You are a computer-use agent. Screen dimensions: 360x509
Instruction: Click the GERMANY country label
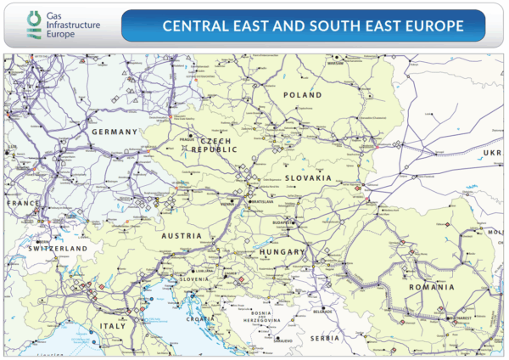pos(114,132)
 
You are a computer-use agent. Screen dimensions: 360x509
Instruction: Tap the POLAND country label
pos(304,95)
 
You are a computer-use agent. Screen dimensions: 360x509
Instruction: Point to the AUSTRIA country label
pos(182,235)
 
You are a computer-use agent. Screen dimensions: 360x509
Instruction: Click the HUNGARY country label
pos(282,253)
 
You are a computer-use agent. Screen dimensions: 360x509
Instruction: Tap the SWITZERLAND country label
pos(57,248)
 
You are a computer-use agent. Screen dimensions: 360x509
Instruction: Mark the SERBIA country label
pos(324,338)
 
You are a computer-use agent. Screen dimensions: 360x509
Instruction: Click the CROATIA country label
pos(201,318)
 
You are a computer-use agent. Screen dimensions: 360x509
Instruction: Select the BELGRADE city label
pos(323,312)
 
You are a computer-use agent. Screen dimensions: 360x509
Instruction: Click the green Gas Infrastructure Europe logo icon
pos(33,25)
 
